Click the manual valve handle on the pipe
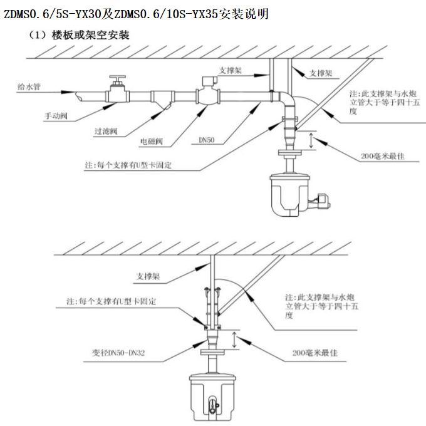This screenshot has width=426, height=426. click(116, 81)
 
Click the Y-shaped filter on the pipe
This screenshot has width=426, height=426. click(164, 100)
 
